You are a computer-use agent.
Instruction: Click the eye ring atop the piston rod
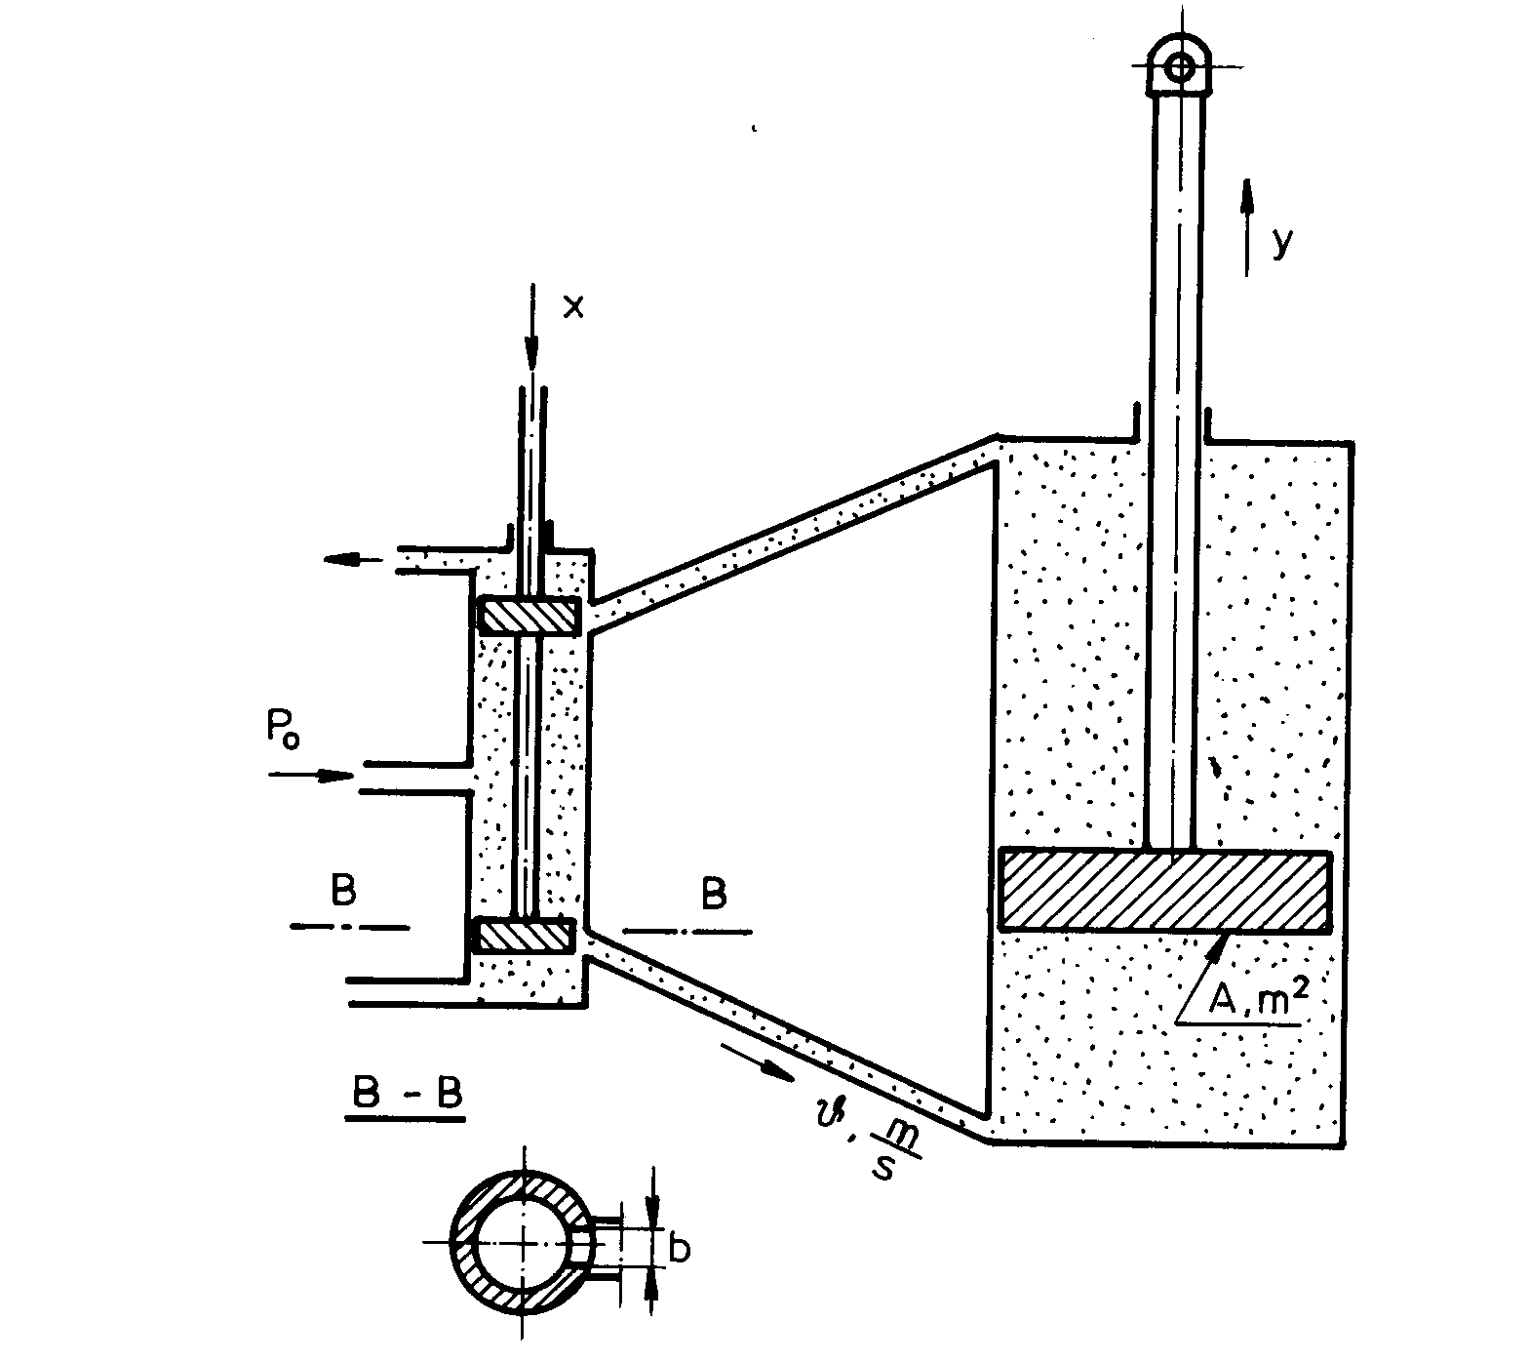pos(1181,67)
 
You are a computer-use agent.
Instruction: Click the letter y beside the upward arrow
pos(1282,242)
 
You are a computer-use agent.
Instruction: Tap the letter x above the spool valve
pos(574,307)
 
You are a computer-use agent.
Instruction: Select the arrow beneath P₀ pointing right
pos(310,776)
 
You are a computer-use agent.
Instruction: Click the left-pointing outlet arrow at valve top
pos(354,559)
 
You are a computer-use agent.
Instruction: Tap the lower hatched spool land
pos(525,935)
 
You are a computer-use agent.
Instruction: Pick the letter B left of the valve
pos(342,891)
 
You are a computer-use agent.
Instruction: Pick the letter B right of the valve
pos(714,894)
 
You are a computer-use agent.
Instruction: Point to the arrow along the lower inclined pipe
pos(760,1061)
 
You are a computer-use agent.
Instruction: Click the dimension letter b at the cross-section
pos(680,1248)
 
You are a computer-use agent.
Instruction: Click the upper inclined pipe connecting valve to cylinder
pos(795,527)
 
